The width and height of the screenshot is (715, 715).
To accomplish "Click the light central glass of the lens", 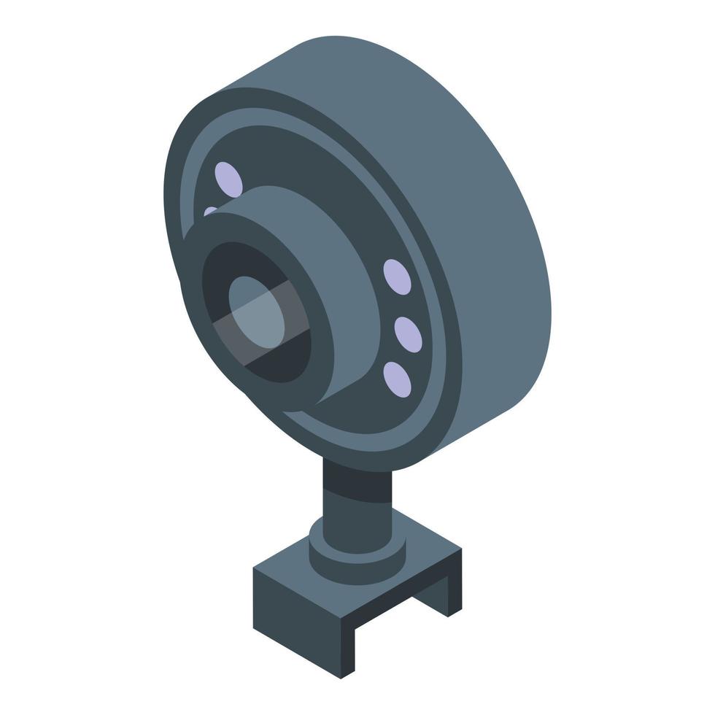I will click(257, 306).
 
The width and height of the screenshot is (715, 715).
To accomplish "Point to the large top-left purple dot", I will click(228, 177).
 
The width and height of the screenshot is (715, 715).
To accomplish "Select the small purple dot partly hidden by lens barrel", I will click(209, 212).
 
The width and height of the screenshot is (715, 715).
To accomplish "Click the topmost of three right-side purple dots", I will click(395, 275).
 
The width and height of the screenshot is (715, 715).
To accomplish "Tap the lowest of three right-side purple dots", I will click(397, 377).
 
